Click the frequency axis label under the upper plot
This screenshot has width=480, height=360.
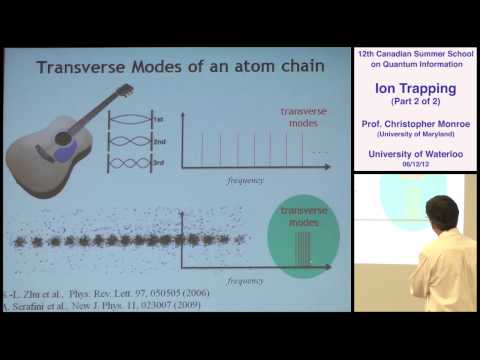click(x=245, y=186)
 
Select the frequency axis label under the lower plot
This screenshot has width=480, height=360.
click(x=245, y=281)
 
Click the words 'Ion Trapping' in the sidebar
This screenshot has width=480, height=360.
click(x=414, y=88)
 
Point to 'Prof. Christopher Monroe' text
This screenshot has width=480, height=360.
click(x=414, y=121)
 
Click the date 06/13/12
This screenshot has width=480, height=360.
click(x=414, y=161)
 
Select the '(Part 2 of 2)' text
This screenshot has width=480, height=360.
click(x=414, y=102)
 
